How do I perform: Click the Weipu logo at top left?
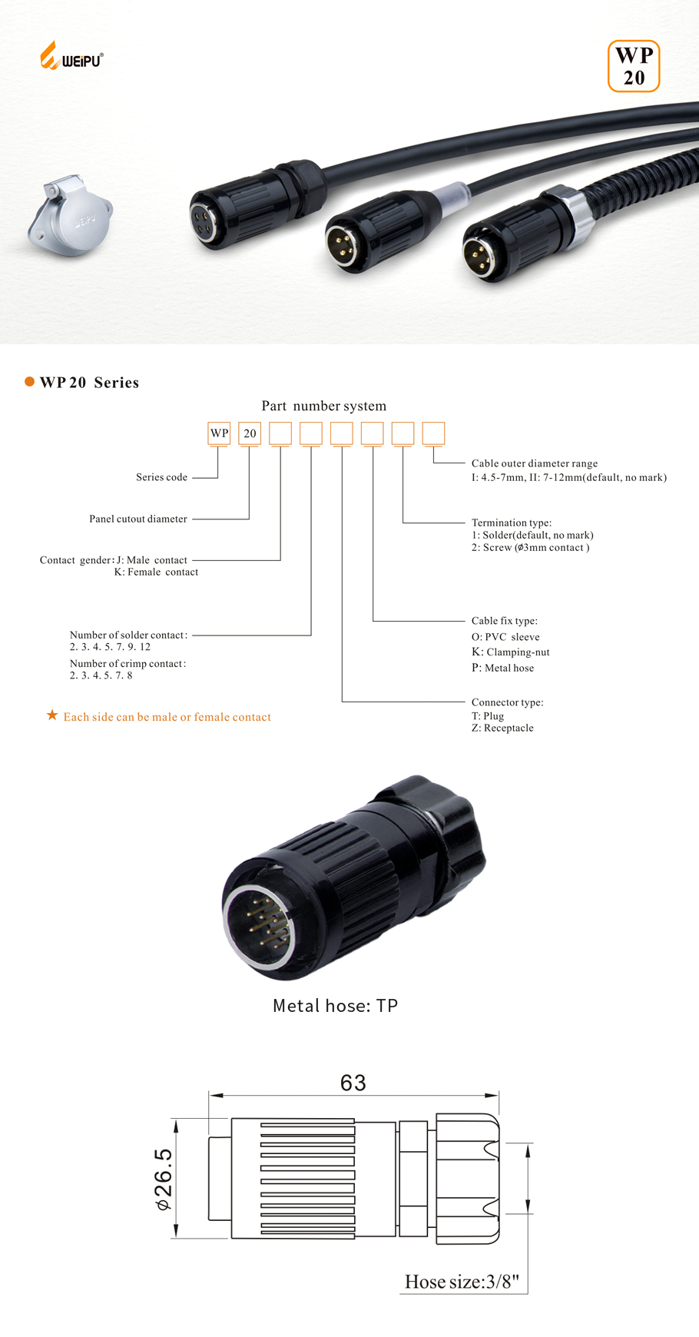(x=71, y=57)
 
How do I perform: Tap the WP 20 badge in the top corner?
(x=634, y=66)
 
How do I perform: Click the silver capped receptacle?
(x=70, y=215)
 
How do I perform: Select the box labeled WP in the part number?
(x=219, y=433)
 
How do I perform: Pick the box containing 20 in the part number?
(x=250, y=433)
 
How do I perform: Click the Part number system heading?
(x=323, y=406)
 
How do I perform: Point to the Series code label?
(x=161, y=477)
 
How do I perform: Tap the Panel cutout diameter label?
(x=138, y=519)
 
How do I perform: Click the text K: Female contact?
(x=156, y=572)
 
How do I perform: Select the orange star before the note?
(x=52, y=715)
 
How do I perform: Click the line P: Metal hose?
(x=502, y=668)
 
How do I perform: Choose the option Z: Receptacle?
(x=502, y=728)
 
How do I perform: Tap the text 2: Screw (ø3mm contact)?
(x=530, y=547)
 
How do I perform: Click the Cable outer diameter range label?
(x=534, y=463)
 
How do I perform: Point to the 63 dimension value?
(x=353, y=1083)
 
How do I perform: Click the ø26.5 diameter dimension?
(x=164, y=1179)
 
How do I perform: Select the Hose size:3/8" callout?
(x=462, y=1282)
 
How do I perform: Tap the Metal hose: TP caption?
(x=335, y=1006)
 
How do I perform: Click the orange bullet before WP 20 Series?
(x=29, y=382)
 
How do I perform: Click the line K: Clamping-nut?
(x=510, y=652)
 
